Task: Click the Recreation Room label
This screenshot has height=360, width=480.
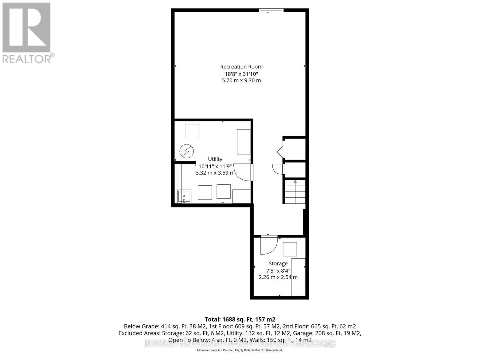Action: [241, 67]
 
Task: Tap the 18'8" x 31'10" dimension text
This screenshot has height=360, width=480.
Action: [241, 74]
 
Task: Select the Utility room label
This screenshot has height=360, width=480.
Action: [215, 159]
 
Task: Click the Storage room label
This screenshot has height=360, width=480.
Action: [278, 263]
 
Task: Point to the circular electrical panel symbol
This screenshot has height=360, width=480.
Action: [187, 151]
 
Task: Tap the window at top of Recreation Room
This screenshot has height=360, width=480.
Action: [271, 10]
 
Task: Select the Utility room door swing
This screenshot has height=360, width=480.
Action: [243, 172]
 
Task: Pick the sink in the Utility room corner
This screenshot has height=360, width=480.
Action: [184, 196]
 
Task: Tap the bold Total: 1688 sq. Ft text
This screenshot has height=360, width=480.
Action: [240, 319]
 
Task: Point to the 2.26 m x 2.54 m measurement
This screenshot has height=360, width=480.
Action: [278, 277]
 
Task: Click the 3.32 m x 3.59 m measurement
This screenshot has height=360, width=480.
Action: [215, 173]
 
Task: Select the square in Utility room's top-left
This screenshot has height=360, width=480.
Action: [192, 131]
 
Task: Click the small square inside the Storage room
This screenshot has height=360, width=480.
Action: [290, 249]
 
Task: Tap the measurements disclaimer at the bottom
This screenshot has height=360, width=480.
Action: [240, 350]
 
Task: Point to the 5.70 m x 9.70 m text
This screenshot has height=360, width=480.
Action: [241, 80]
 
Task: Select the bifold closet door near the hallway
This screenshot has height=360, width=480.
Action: [280, 151]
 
